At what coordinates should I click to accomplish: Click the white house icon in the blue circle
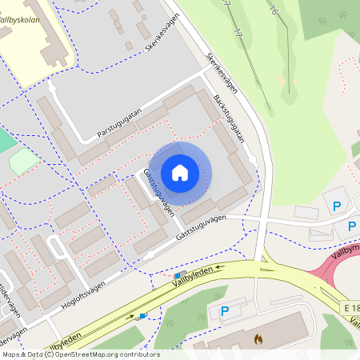180,172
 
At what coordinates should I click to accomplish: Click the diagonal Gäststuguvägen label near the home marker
159,193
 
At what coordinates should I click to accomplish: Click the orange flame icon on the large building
258,339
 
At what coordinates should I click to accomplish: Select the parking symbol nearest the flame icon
225,311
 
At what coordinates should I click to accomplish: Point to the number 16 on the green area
274,10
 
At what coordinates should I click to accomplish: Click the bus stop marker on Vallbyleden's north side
176,275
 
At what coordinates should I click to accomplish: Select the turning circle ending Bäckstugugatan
254,163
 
